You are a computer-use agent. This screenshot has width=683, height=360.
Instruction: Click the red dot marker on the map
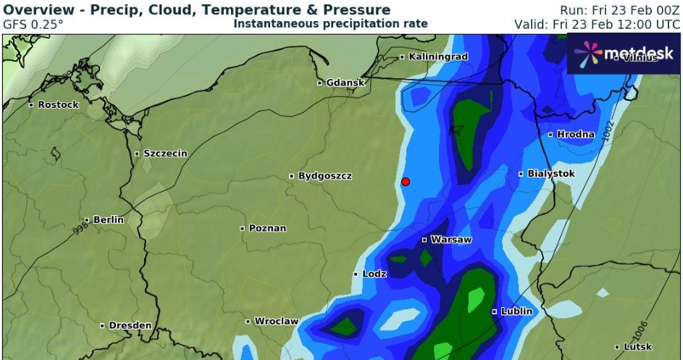click(x=406, y=182)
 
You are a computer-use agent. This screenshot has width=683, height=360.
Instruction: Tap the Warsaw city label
click(x=451, y=239)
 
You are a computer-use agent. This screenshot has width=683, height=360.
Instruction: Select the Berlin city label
click(x=107, y=219)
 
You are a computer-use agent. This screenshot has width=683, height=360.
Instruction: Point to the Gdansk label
click(x=345, y=83)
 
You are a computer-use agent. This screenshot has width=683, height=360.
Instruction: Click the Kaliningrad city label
click(x=438, y=56)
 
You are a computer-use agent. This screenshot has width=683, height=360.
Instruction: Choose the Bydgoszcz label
click(x=324, y=176)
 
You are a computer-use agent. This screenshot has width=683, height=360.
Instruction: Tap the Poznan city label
click(x=267, y=228)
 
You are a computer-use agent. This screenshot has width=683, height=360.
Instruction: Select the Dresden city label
click(x=130, y=326)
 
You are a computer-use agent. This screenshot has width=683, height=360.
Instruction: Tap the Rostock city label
click(x=58, y=105)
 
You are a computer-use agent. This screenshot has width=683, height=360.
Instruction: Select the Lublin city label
click(x=516, y=311)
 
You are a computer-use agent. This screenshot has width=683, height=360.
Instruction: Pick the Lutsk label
click(x=637, y=347)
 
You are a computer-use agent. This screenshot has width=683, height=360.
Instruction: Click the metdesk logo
click(x=623, y=53)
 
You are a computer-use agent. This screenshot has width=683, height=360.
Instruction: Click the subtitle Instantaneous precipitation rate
click(x=330, y=24)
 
